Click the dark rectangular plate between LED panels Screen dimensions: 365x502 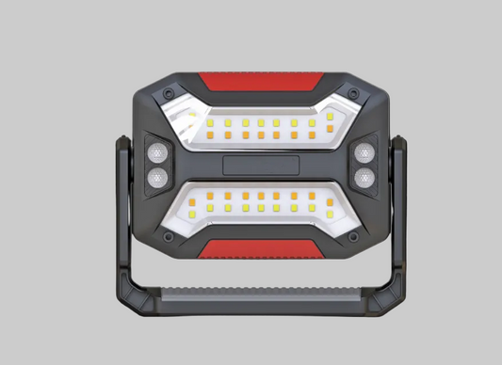261,167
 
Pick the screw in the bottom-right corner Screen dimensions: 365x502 352,237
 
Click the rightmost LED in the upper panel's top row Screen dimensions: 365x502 330,116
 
